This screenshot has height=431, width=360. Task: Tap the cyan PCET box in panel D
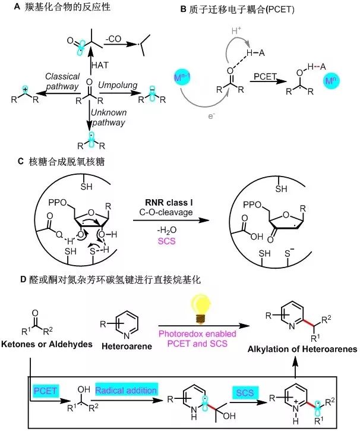[x=45, y=391]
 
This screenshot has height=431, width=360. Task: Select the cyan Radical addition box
[x=127, y=390]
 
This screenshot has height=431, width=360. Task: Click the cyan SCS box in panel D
[x=245, y=393]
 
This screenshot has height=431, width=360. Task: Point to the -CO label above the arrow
[x=113, y=39]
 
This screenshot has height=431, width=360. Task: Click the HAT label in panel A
[x=100, y=65]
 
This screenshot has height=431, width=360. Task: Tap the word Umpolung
[x=118, y=85]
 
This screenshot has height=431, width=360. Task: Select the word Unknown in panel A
[x=109, y=112]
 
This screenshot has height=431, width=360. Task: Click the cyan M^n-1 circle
[x=181, y=77]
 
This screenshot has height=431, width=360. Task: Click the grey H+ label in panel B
[x=236, y=30]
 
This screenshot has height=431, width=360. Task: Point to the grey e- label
[x=211, y=116]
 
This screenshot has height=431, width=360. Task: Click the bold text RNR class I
[x=169, y=203]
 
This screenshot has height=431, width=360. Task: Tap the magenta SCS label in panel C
[x=166, y=241]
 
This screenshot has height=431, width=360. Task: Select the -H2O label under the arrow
[x=166, y=230]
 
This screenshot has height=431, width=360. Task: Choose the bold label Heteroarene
[x=127, y=346]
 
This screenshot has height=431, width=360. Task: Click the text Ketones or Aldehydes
[x=47, y=344]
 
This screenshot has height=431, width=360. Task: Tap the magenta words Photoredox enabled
[x=197, y=334]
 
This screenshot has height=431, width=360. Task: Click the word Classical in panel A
[x=62, y=76]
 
